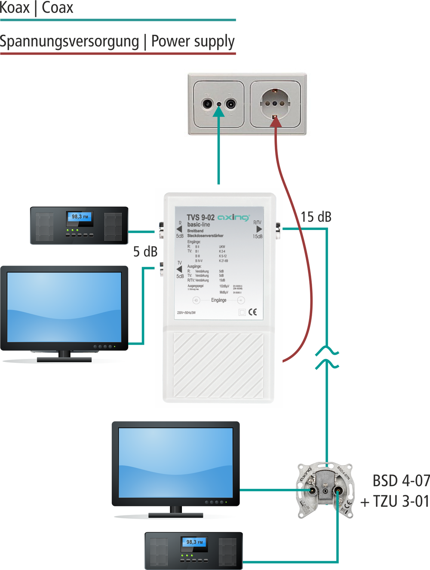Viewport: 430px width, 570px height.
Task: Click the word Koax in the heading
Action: point(15,8)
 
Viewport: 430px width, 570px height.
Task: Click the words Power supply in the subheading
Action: point(193,42)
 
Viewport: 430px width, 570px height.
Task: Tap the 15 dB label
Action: point(316,217)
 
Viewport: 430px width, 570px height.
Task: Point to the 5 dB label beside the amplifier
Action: point(145,251)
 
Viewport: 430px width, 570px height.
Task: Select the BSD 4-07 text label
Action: point(401,481)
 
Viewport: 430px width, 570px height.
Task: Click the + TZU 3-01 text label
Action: point(395,501)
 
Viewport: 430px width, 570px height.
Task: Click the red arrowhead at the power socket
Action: point(275,121)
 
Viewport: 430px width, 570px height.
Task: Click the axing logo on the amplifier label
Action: point(233,217)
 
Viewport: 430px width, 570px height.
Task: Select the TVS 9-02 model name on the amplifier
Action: point(200,218)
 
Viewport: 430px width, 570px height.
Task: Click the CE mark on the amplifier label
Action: point(252,312)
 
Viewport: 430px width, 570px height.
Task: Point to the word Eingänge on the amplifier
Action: point(218,300)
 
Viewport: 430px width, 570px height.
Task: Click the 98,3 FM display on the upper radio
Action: point(80,217)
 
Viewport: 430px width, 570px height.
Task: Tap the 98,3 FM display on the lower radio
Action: point(194,542)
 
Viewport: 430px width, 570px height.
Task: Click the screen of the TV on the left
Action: point(64,307)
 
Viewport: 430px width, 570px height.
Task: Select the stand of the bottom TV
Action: point(175,512)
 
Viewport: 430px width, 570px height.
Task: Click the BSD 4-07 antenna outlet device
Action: point(326,490)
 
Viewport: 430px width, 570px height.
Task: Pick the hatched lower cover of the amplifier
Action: point(218,365)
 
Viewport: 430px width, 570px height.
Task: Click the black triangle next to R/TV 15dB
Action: point(259,229)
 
